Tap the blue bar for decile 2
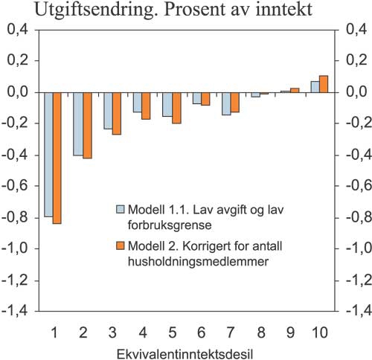click(78, 123)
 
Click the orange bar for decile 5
click(176, 107)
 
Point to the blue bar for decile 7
click(226, 103)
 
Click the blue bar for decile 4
click(137, 102)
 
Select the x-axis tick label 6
click(202, 330)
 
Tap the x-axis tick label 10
click(318, 330)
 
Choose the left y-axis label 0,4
click(22, 30)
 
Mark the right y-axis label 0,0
click(350, 92)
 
